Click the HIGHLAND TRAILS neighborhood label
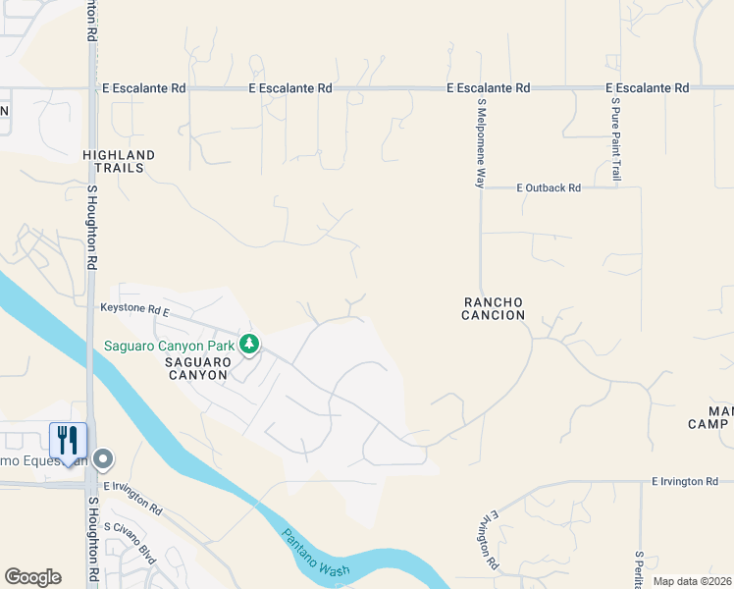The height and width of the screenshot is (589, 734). point(120,161)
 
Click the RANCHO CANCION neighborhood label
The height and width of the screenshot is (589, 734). point(494,308)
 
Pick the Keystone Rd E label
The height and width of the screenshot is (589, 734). point(135,308)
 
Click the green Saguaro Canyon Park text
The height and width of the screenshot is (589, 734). point(170,346)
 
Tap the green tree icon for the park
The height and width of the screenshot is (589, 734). point(250,344)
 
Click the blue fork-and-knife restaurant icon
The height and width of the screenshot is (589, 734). point(68,440)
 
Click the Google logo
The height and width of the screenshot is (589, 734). point(32,576)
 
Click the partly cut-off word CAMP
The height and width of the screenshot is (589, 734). point(708,424)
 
